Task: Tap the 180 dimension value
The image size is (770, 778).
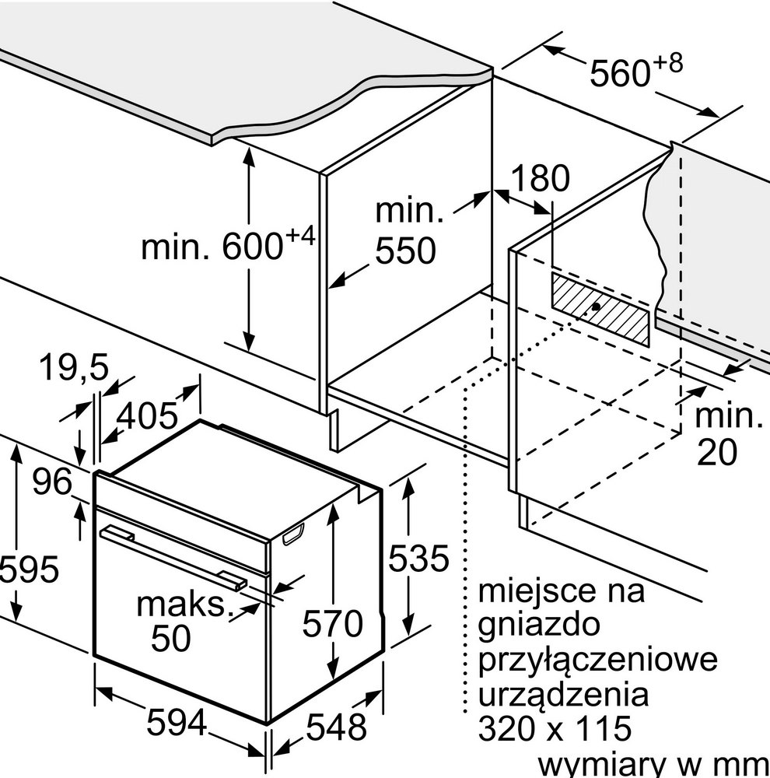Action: point(541,178)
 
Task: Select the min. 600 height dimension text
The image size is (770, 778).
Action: point(228,242)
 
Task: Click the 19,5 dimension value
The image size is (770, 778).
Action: point(73,368)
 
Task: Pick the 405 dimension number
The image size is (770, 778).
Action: point(147,415)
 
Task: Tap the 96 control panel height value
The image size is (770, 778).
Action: point(52,482)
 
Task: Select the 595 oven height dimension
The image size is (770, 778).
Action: point(29,569)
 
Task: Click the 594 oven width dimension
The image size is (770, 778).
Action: point(177,722)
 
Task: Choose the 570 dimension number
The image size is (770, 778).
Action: point(333,624)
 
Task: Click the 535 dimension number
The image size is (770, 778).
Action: point(418,558)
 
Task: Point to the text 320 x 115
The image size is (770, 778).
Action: point(555,728)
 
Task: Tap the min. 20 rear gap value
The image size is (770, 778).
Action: point(727,433)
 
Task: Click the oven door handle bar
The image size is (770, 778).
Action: point(173,558)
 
